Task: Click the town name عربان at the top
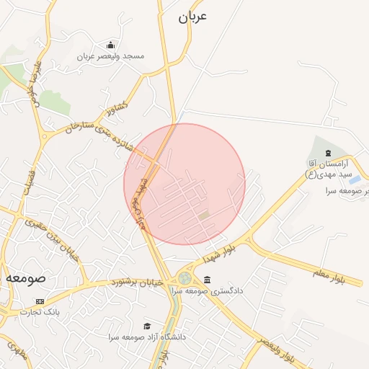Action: point(192,17)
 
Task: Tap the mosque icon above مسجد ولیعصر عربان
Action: point(110,45)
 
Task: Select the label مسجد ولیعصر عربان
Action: point(111,55)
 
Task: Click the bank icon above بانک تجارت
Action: point(40,301)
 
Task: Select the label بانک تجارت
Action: point(40,312)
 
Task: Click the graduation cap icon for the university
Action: point(147,326)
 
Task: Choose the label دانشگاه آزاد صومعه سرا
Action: point(147,337)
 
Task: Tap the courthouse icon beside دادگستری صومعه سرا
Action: point(208,280)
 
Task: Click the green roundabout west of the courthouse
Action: point(185,277)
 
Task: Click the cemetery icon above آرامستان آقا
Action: point(329,153)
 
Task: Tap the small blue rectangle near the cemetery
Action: point(355,179)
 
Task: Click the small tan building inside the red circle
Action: point(204,215)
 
